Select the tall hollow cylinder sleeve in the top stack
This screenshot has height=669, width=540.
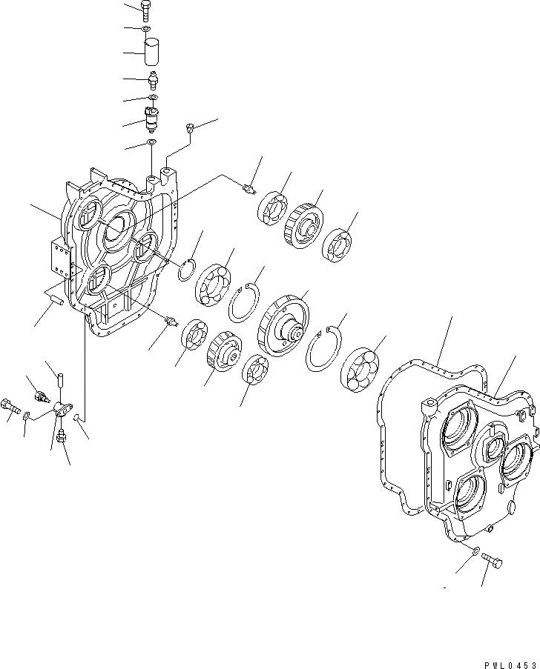coord(153,53)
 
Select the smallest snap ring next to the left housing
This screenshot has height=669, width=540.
coord(187,271)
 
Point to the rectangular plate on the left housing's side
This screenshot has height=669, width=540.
coord(59,256)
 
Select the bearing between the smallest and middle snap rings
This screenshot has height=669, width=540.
coord(215,283)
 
